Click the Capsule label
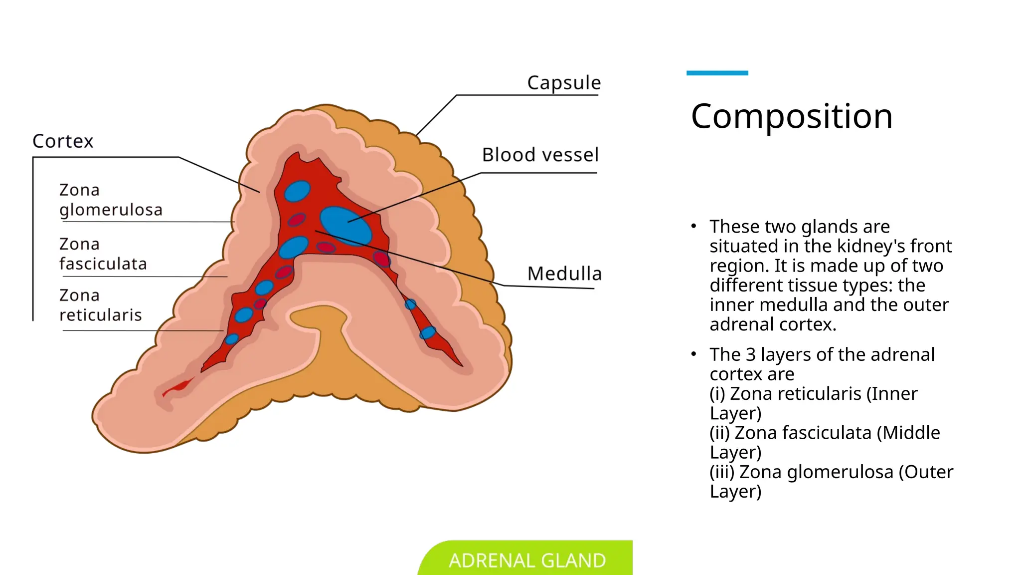coord(564,83)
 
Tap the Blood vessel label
coord(540,155)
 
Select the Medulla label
coord(564,274)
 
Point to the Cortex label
coord(63,141)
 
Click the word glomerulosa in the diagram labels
coord(111,210)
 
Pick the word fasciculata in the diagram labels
coord(103,264)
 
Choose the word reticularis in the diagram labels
coord(100,315)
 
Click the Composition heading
coord(791,116)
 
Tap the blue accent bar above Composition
coord(717,73)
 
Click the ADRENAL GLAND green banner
coord(527,560)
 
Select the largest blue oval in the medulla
coord(345,226)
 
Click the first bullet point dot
coord(693,226)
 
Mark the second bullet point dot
coord(693,354)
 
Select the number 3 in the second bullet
coord(750,354)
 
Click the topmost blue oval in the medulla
coord(298,191)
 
